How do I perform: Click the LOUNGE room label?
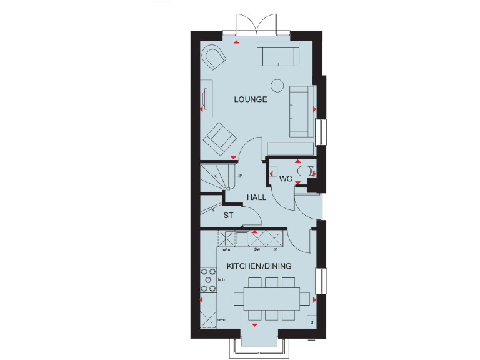pos(251,99)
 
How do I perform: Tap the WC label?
pos(286,179)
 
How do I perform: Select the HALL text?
pos(256,197)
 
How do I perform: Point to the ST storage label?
pos(229,216)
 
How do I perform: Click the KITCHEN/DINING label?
pos(259,266)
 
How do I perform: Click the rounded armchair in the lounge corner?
pos(214,57)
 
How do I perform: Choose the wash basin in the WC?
pos(274,169)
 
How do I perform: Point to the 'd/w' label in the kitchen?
pos(256,249)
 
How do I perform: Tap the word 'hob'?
pos(221,280)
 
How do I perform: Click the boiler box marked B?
pos(311,321)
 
